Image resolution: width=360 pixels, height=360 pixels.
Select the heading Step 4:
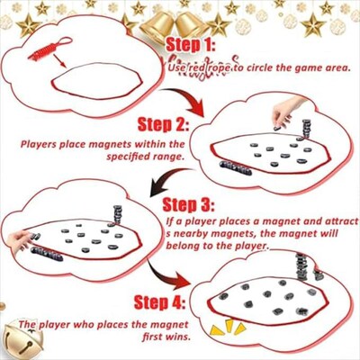coord(164,301)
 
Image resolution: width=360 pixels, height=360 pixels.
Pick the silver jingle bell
coord(21,339)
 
